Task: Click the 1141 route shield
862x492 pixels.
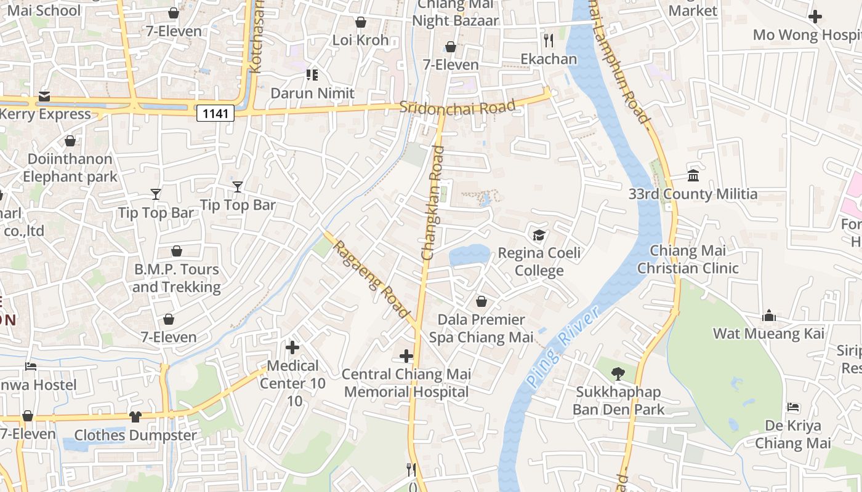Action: [x=216, y=113]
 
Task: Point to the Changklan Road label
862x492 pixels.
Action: [x=432, y=202]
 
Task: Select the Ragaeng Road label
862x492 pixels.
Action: [x=372, y=279]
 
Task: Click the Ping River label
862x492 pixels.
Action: [x=563, y=348]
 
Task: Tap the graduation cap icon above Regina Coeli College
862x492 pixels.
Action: [x=539, y=235]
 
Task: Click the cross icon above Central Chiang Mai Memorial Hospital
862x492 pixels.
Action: [x=406, y=355]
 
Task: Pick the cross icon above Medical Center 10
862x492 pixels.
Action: [x=292, y=347]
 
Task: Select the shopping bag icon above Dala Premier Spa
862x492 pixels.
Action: [x=481, y=301]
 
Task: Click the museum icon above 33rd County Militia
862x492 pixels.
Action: [x=693, y=176]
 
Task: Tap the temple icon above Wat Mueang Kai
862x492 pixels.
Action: [x=768, y=315]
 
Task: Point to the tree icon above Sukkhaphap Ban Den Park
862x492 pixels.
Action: [x=618, y=373]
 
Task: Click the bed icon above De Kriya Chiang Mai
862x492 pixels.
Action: [x=793, y=407]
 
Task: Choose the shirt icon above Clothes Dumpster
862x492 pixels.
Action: [x=135, y=416]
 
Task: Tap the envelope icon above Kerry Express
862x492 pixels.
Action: [x=44, y=97]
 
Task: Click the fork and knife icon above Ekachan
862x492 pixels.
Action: [x=549, y=41]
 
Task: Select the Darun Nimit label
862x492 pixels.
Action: [x=313, y=93]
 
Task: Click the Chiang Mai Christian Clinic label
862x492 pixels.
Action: [x=688, y=260]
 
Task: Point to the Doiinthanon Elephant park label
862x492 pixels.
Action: [x=70, y=168]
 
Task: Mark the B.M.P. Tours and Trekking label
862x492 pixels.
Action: [x=176, y=278]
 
